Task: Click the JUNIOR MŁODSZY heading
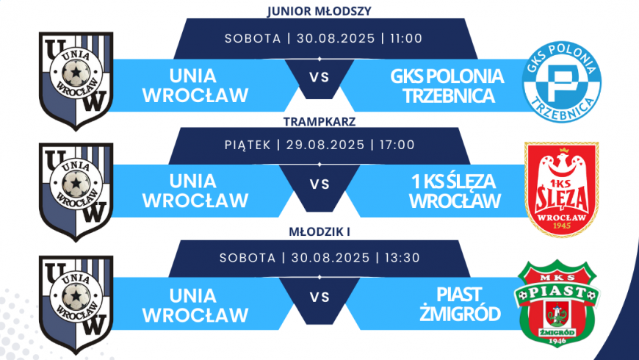[x=319, y=11]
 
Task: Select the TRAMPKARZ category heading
[x=319, y=122]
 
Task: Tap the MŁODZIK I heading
[x=319, y=234]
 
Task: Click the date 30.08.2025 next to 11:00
[x=335, y=39]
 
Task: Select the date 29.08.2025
[x=324, y=145]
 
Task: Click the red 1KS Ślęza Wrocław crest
[x=562, y=189]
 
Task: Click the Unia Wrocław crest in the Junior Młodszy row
[x=76, y=79]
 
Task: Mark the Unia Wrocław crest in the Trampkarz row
[x=76, y=192]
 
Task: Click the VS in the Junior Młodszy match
[x=319, y=76]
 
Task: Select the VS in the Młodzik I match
[x=319, y=298]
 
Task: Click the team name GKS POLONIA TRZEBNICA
[x=447, y=86]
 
